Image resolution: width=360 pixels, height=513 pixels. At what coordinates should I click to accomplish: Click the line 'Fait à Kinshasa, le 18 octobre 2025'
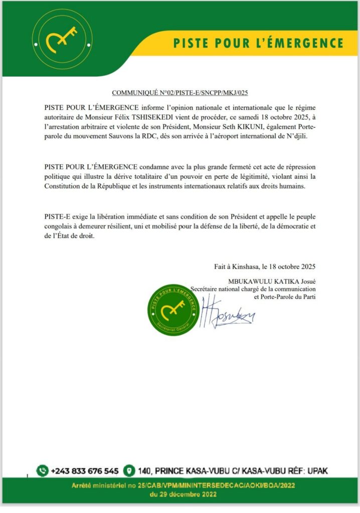(x=262, y=267)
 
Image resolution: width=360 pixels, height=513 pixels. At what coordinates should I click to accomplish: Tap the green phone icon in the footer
(x=43, y=470)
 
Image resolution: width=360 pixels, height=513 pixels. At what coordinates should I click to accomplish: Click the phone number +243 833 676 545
(x=84, y=471)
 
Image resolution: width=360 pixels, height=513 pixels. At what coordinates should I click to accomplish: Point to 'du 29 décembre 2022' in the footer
(x=179, y=495)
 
